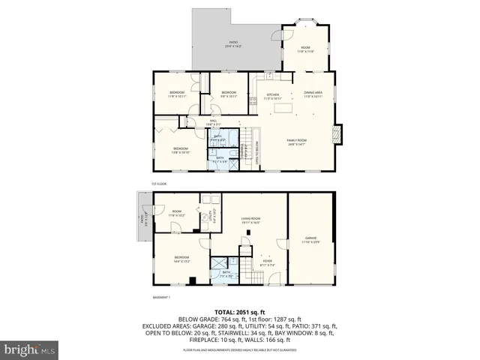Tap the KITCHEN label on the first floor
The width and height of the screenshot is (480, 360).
(x=273, y=96)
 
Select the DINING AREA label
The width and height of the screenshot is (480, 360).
(x=313, y=94)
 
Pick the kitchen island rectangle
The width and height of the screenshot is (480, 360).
(x=283, y=109)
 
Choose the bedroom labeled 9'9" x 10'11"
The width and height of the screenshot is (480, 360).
(x=229, y=94)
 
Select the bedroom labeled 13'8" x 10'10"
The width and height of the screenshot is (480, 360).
(x=181, y=150)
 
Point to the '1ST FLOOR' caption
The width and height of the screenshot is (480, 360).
(x=158, y=183)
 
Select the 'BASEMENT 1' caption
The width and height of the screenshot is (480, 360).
(x=163, y=297)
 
